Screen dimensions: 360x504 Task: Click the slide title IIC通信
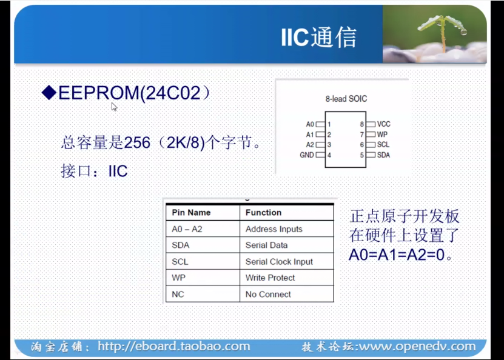[318, 38]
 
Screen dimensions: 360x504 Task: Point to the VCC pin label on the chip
[383, 124]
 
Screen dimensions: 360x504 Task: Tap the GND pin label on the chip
[307, 155]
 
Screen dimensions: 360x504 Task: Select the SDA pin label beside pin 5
[383, 155]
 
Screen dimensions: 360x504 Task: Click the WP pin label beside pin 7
[382, 134]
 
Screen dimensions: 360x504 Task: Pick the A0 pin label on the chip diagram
[310, 124]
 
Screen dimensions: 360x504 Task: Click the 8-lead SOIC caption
[346, 98]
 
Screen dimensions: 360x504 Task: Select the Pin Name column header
[191, 213]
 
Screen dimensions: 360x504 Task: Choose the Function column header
[263, 213]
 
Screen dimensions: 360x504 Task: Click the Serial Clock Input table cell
[279, 262]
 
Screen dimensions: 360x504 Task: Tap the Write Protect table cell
[270, 278]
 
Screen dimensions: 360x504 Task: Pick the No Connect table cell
[268, 295]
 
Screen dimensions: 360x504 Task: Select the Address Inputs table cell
[274, 229]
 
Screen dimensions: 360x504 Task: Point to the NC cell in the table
[178, 295]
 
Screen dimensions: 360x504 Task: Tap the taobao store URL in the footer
[173, 347]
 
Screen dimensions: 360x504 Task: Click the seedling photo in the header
[435, 35]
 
